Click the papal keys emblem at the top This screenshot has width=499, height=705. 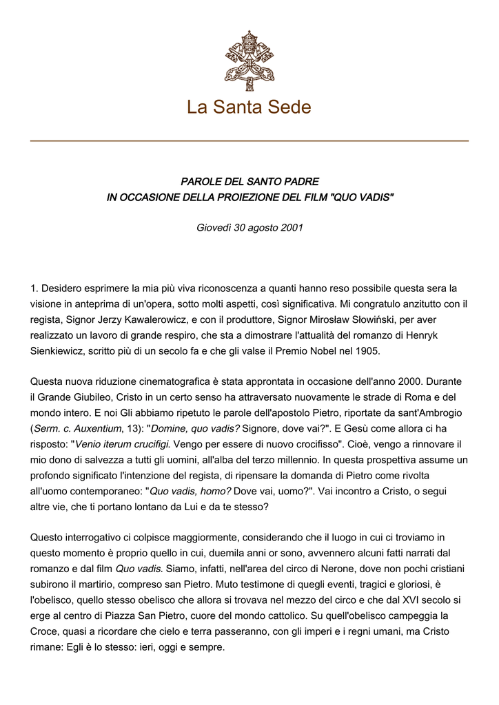pos(249,56)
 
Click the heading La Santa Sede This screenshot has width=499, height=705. pos(249,107)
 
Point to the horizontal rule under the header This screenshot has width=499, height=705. pos(249,141)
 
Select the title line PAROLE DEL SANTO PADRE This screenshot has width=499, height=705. pos(250,182)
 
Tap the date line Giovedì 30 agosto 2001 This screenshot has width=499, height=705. pos(250,227)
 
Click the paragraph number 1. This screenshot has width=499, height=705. pos(34,288)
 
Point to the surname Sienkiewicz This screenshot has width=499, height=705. pos(61,350)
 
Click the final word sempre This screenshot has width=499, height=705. pos(210,646)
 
